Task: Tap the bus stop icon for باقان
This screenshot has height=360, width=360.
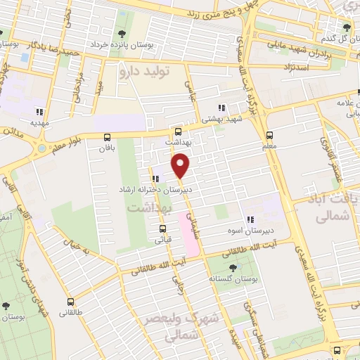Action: pyautogui.click(x=107, y=137)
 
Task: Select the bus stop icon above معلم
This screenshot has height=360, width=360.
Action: pyautogui.click(x=269, y=136)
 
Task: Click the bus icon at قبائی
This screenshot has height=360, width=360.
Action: pyautogui.click(x=162, y=229)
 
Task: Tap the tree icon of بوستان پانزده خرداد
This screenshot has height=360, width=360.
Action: pyautogui.click(x=122, y=33)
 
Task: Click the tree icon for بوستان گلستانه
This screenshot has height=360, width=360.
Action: pyautogui.click(x=233, y=267)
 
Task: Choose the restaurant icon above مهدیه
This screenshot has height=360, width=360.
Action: pyautogui.click(x=40, y=111)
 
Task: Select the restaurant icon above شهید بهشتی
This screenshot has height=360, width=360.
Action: pyautogui.click(x=221, y=108)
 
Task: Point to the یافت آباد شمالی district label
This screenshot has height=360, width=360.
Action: pyautogui.click(x=329, y=209)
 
